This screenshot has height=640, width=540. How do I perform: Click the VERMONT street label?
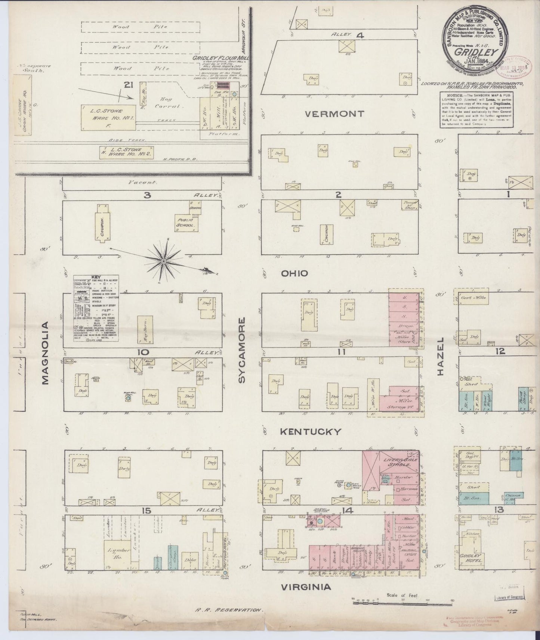(334, 114)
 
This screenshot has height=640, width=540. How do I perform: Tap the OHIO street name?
(295, 274)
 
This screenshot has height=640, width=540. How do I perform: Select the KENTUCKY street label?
(311, 432)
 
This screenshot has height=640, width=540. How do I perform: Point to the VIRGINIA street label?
(306, 587)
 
